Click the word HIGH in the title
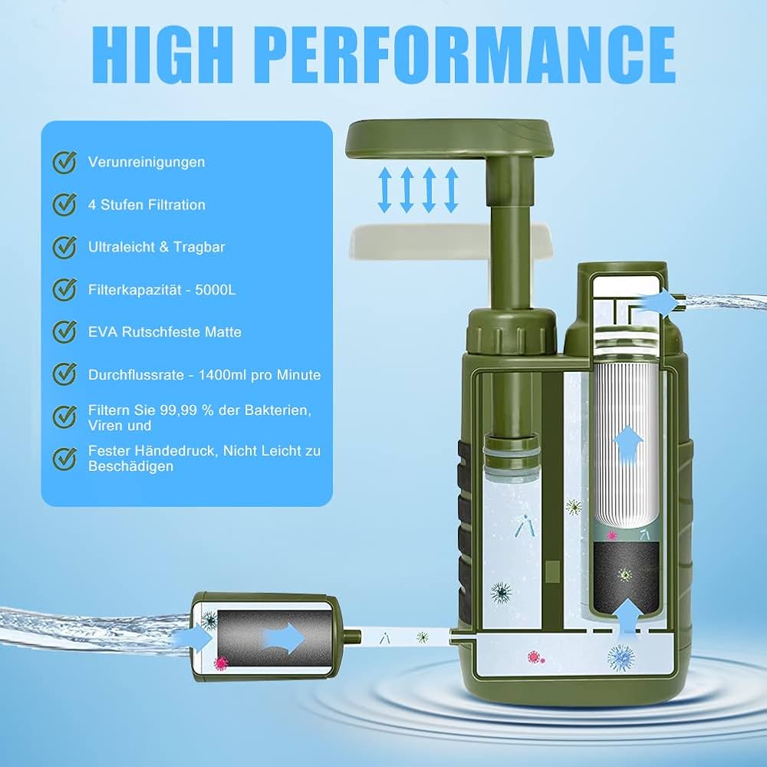pyautogui.click(x=163, y=54)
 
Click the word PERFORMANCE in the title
pyautogui.click(x=466, y=54)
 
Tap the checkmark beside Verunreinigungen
pyautogui.click(x=64, y=162)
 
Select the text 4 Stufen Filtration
pyautogui.click(x=146, y=205)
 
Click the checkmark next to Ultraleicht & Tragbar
pyautogui.click(x=64, y=247)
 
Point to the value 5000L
pyautogui.click(x=216, y=290)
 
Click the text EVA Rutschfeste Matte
pyautogui.click(x=165, y=331)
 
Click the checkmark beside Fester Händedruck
pyautogui.click(x=64, y=459)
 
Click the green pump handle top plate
pyautogui.click(x=449, y=139)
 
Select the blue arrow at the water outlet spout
pyautogui.click(x=657, y=301)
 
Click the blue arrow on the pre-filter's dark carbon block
pyautogui.click(x=284, y=638)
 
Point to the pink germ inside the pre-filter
pyautogui.click(x=221, y=663)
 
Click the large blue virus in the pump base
pyautogui.click(x=621, y=657)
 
